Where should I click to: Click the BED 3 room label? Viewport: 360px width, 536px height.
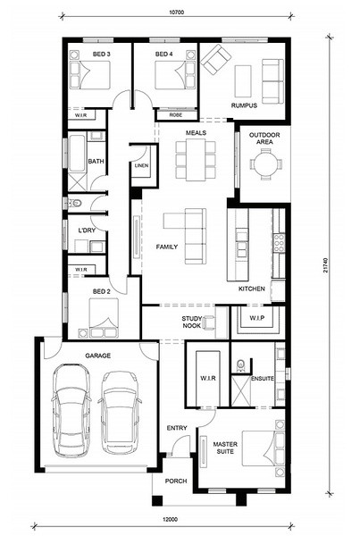(x=101, y=54)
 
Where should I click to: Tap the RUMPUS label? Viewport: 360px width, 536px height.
(x=244, y=105)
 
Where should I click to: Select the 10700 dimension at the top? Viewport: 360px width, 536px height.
(x=176, y=13)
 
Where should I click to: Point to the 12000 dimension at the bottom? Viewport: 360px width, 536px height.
(x=171, y=520)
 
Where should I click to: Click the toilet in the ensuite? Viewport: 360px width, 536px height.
(x=240, y=364)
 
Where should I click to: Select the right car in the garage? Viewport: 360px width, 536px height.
(x=120, y=413)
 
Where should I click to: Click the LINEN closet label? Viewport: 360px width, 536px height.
(x=141, y=165)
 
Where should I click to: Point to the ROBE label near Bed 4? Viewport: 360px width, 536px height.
(x=176, y=115)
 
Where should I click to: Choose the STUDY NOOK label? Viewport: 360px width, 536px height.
(x=192, y=322)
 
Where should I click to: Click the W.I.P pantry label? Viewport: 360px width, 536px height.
(x=256, y=318)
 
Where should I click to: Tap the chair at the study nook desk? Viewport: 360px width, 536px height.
(x=209, y=322)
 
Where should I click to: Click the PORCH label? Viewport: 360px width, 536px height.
(x=176, y=481)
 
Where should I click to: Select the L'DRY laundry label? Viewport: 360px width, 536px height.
(x=87, y=230)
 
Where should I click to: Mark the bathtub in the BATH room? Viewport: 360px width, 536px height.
(x=77, y=153)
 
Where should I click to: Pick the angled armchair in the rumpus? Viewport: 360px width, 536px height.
(x=215, y=60)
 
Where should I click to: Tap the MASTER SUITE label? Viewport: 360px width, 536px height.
(x=225, y=448)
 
